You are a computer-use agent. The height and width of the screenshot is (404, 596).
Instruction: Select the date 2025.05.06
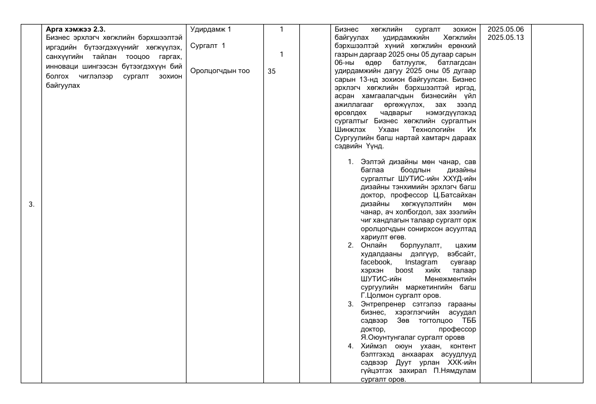[x=505, y=29]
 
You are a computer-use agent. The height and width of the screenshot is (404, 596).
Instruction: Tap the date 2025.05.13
[x=505, y=37]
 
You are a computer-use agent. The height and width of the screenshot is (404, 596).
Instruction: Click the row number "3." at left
[x=31, y=204]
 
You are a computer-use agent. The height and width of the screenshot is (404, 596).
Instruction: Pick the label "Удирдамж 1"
[x=210, y=29]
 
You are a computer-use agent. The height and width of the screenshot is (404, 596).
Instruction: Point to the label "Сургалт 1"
[x=208, y=46]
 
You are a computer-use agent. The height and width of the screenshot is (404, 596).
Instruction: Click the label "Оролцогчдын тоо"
[x=220, y=71]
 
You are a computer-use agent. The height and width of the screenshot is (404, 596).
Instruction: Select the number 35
[x=272, y=71]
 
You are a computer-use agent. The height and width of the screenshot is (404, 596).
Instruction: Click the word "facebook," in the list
[x=376, y=262]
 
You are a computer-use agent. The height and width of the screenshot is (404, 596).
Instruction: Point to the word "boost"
[x=404, y=270]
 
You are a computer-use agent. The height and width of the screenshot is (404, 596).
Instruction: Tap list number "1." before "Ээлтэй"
[x=351, y=162]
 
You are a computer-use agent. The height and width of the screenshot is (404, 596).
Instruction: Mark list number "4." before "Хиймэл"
[x=351, y=346]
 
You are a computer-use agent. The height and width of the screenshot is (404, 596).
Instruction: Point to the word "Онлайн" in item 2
[x=374, y=245]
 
